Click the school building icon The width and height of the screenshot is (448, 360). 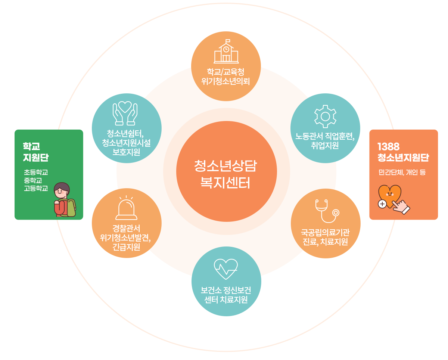tap(226, 52)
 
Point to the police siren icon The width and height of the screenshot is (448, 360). tap(126, 209)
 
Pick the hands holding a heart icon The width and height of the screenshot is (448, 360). tap(125, 113)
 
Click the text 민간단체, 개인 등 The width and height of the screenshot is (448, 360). tap(402, 173)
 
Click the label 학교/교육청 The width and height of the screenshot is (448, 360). tap(225, 71)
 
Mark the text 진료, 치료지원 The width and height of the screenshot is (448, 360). tap(325, 242)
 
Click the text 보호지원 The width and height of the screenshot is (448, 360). tap(126, 152)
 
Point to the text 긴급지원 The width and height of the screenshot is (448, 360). tap(126, 247)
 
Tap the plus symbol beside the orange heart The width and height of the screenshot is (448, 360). tap(382, 204)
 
